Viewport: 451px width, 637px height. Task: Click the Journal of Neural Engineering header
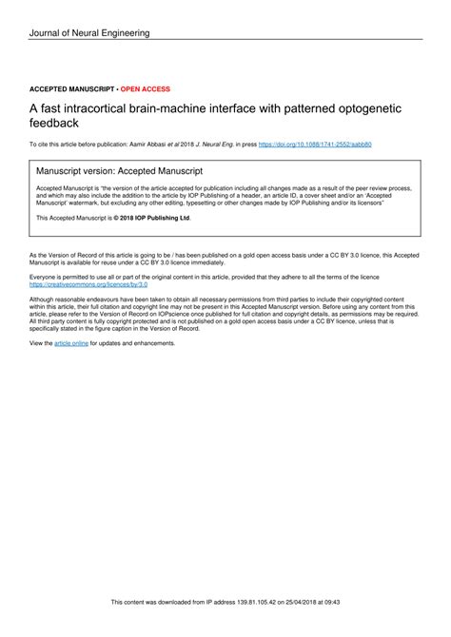[89, 34]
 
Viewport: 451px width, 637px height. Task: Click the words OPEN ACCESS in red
[145, 88]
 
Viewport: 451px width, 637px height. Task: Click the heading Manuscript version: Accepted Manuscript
[118, 172]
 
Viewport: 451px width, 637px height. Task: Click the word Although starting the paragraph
[45, 299]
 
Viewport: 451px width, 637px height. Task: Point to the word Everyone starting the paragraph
[45, 277]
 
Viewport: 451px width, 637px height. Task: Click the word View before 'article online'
[40, 342]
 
